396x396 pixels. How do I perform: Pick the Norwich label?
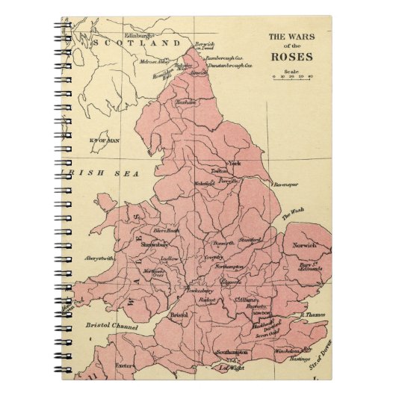coord(305,245)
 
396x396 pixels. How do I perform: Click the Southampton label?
coord(232,351)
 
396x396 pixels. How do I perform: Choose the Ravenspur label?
coord(285,184)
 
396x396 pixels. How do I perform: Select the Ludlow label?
coord(170,259)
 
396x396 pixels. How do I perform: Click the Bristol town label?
coord(178,315)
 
